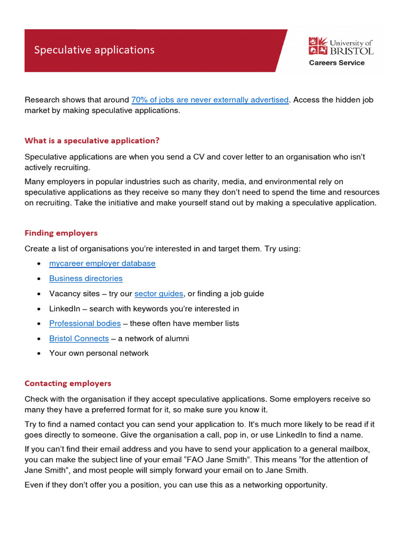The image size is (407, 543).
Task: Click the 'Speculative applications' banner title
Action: click(x=94, y=50)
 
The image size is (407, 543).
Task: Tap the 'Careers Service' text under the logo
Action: click(x=337, y=63)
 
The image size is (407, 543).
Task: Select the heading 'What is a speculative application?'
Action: click(x=92, y=141)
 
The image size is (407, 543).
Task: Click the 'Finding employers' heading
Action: click(x=61, y=233)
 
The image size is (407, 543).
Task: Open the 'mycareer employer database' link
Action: click(x=102, y=263)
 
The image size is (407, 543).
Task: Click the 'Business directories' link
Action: click(x=86, y=278)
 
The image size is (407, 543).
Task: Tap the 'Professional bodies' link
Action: click(x=85, y=323)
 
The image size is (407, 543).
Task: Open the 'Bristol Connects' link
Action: click(x=79, y=338)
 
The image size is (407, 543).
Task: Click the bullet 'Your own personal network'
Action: click(x=99, y=353)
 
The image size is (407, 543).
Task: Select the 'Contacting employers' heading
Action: click(x=68, y=383)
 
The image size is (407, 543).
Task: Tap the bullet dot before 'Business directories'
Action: click(x=40, y=279)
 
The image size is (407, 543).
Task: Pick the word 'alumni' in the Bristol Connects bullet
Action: click(x=177, y=338)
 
